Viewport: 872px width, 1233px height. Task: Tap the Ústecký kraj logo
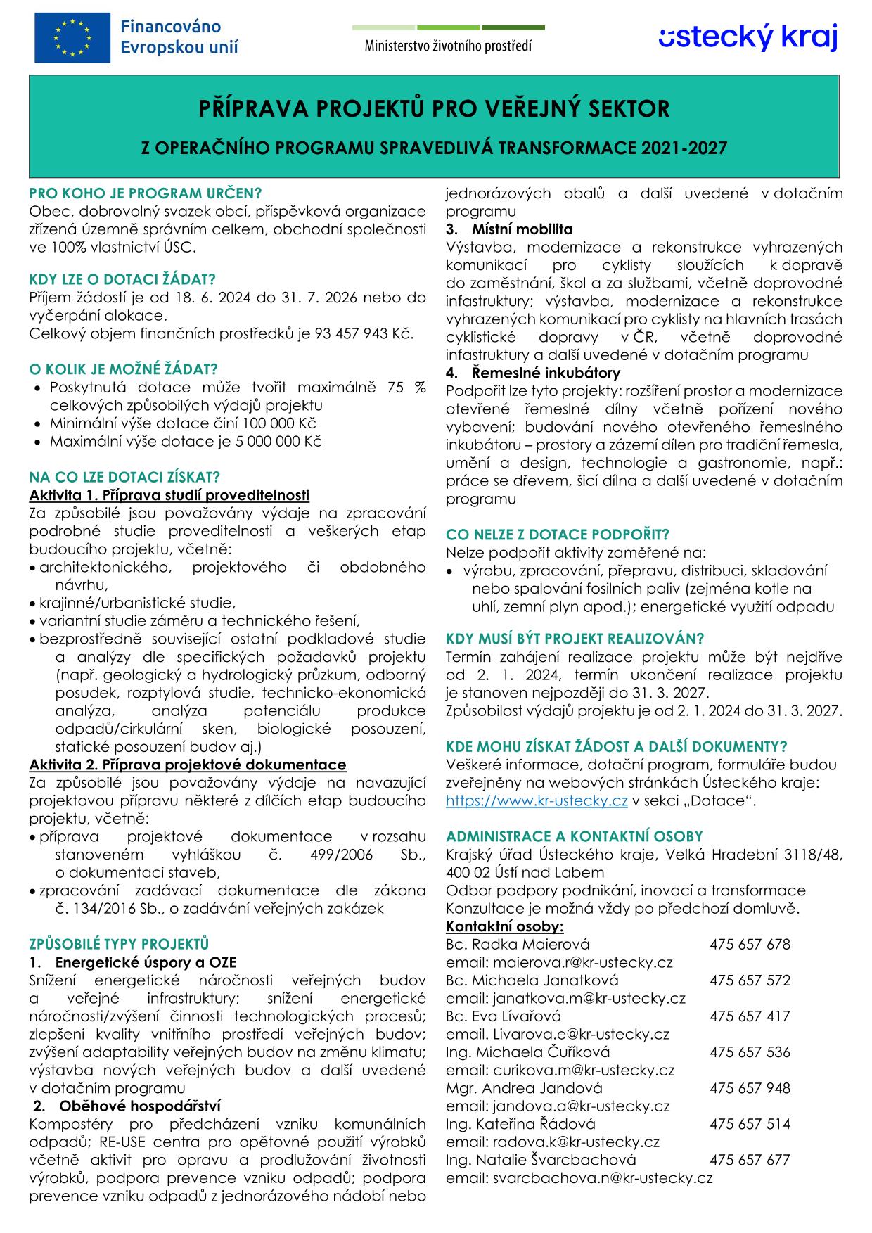[x=748, y=37]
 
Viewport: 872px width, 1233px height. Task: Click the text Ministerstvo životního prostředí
[x=448, y=46]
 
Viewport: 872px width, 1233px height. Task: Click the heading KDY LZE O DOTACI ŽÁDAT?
[x=122, y=279]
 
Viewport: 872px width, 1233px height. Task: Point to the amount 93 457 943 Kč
[x=357, y=333]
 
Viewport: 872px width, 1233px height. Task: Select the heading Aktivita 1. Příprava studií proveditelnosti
[x=169, y=495]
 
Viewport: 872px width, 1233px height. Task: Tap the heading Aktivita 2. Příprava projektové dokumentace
[x=188, y=765]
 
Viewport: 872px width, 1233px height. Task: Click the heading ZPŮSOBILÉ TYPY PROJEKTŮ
[x=119, y=944]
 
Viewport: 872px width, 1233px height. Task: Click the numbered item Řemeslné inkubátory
[x=546, y=373]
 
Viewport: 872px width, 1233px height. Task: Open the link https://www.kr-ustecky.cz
[x=537, y=800]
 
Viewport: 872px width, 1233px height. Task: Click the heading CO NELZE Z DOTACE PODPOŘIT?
[x=558, y=535]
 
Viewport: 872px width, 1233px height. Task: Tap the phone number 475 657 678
[x=750, y=944]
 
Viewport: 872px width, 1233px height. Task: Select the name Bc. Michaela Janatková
[x=532, y=980]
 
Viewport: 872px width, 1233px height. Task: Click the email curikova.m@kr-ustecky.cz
[x=583, y=1071]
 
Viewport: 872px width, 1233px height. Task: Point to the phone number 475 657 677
[x=750, y=1160]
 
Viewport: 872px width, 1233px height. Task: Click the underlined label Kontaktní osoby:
[x=504, y=926]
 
